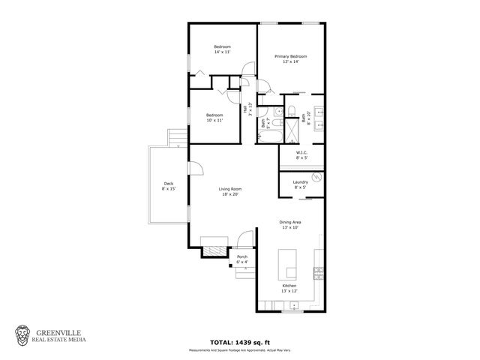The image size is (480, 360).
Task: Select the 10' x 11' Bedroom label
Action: coord(214,117)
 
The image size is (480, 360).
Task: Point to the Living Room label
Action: coord(229,191)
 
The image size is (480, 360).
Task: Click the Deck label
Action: coord(168,187)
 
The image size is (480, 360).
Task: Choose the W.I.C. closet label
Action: coord(301,155)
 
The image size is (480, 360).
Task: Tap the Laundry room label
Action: coord(301,184)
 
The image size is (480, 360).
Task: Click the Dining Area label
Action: coord(289,225)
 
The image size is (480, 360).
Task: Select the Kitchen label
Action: coord(289,289)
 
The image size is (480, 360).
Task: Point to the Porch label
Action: coord(242,259)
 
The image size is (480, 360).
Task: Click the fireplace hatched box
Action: coord(214,251)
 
